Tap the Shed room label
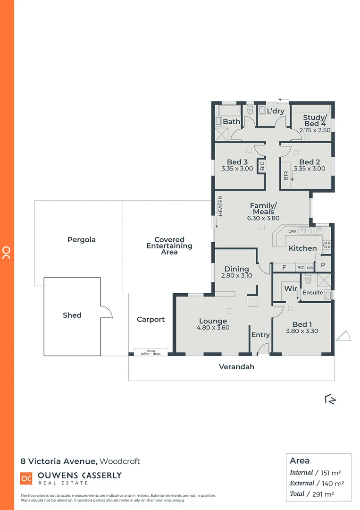tap(72, 315)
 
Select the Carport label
tap(151, 319)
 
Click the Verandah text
tap(236, 366)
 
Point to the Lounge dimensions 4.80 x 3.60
tap(213, 327)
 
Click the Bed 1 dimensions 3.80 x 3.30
tap(302, 331)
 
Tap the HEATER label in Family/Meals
tap(220, 206)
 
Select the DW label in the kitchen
tap(292, 231)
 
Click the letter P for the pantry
tap(323, 265)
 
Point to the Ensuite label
tap(313, 292)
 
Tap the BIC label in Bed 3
tap(262, 166)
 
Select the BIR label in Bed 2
tap(286, 176)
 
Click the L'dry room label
tap(276, 111)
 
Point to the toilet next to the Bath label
tap(250, 110)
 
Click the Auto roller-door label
tap(151, 352)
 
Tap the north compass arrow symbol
tap(330, 399)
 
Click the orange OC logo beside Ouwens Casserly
tap(26, 478)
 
